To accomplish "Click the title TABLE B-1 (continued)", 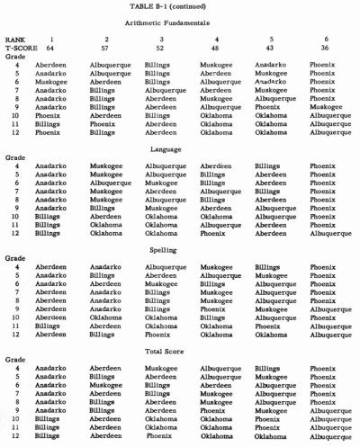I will (180, 7).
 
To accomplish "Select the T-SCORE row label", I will (20, 47).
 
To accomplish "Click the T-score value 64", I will (63, 47).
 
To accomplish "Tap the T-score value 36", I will (314, 47).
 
